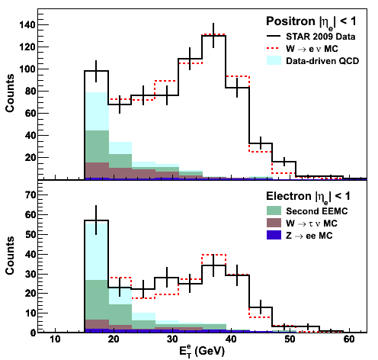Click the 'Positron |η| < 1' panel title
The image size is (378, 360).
(311, 21)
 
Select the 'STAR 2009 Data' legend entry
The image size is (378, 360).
(311, 37)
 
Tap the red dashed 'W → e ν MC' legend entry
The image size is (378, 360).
(303, 49)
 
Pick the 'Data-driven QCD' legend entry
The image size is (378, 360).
(312, 61)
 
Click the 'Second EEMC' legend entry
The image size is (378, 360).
(307, 211)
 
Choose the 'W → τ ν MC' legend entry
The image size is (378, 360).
(302, 223)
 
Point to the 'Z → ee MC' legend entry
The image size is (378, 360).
(300, 236)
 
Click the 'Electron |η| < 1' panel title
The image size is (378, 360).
(308, 197)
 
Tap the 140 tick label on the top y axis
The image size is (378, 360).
(27, 25)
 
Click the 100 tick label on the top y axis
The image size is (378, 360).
(27, 69)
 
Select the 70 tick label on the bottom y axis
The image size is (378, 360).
(30, 195)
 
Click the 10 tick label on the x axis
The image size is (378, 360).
(55, 339)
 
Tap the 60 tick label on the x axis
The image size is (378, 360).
(349, 339)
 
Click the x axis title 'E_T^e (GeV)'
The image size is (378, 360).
(202, 352)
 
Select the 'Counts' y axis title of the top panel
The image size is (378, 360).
(10, 93)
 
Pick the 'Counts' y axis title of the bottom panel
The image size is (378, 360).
(10, 256)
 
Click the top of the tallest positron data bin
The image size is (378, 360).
(213, 36)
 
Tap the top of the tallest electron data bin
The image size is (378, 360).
(96, 220)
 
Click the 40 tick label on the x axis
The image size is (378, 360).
(231, 339)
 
